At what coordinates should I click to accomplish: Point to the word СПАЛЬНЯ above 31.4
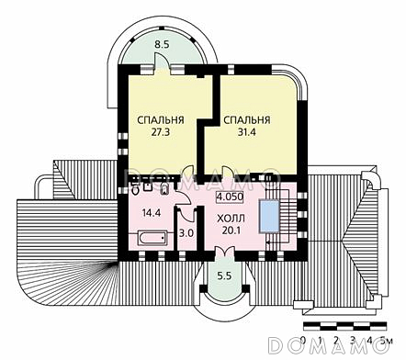click(x=247, y=119)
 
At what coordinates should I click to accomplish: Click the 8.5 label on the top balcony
click(x=162, y=43)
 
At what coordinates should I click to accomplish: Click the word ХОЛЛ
click(x=231, y=218)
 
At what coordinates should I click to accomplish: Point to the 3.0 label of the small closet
click(x=186, y=234)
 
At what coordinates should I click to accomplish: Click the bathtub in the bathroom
click(x=151, y=239)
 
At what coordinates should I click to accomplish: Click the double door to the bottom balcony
click(x=223, y=254)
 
